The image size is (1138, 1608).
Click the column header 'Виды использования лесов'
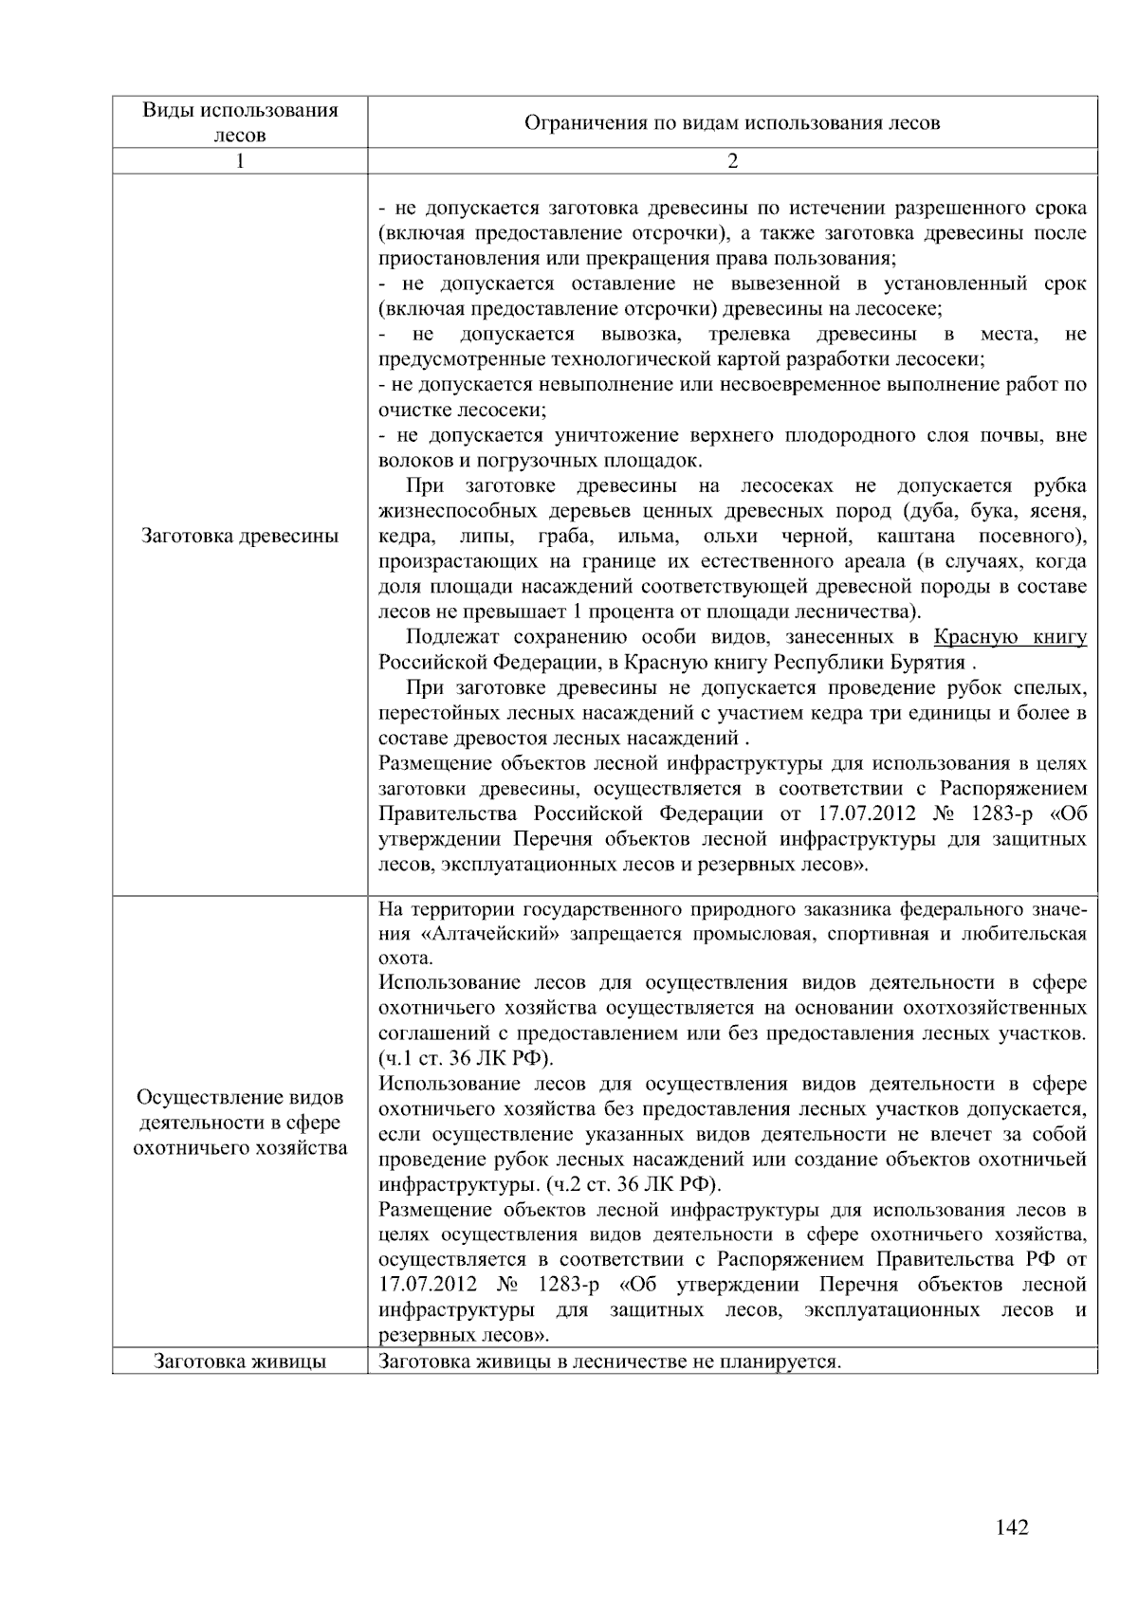coord(240,121)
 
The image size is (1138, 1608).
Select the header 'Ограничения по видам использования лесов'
coord(732,122)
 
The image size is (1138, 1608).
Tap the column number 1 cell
coord(240,161)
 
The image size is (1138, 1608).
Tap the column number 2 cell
coord(732,161)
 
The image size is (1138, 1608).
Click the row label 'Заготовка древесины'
coord(240,536)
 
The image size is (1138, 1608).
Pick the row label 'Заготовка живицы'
coord(240,1361)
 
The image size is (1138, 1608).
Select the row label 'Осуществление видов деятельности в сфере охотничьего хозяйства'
coord(240,1123)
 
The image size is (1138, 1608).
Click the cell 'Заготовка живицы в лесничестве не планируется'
coord(610,1361)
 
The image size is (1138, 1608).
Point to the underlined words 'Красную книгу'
coord(1010,636)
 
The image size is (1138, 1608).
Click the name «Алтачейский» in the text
coord(459,934)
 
